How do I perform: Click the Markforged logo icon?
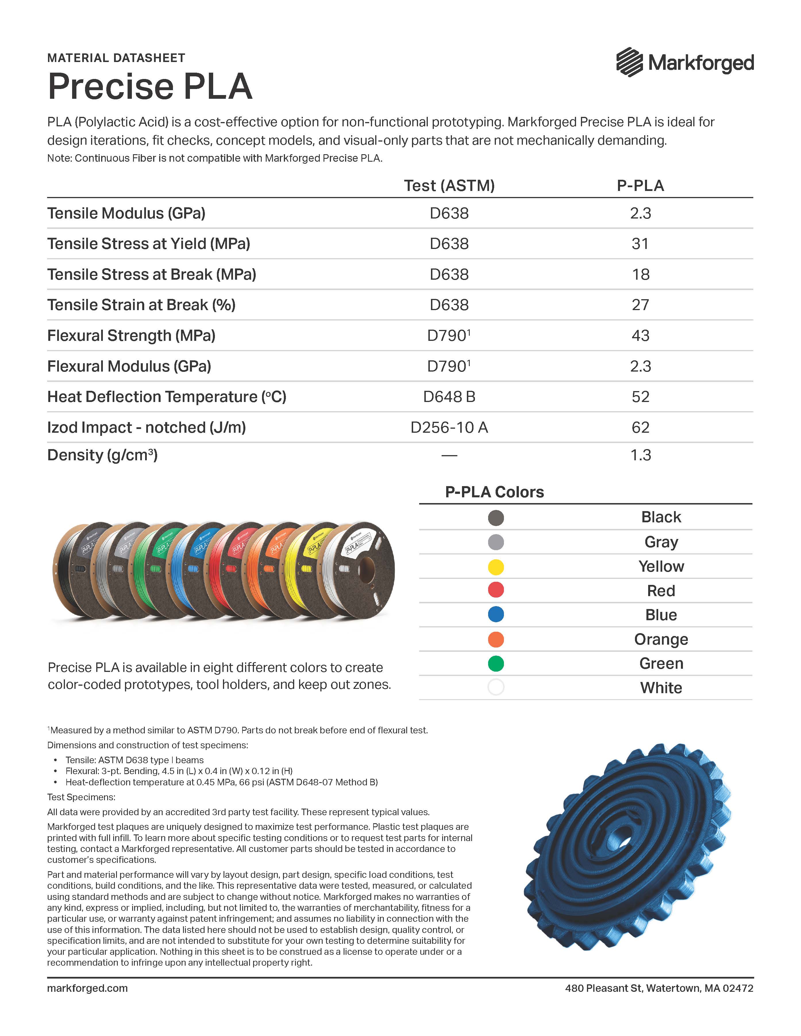[x=629, y=62]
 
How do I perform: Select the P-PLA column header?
[x=640, y=185]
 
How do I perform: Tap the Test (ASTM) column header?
[x=449, y=185]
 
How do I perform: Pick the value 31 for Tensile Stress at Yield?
[x=640, y=244]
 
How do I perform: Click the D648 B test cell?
[x=449, y=397]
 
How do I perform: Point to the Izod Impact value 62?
[x=640, y=427]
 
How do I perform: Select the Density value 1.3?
[x=640, y=455]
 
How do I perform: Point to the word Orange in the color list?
[x=661, y=639]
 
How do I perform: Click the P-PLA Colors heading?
[x=494, y=492]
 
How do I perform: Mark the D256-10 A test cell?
[x=449, y=427]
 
